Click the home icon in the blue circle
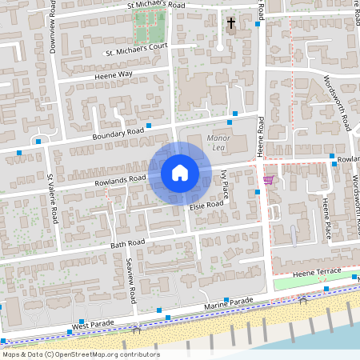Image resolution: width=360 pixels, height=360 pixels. [x=180, y=172]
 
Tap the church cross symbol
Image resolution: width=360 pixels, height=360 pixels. [x=231, y=23]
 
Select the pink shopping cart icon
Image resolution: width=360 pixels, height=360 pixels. [x=268, y=180]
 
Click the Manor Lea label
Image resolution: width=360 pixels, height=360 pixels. [x=218, y=142]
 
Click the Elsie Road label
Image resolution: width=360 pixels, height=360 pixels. [x=206, y=206]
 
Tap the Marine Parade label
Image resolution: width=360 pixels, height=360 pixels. [x=228, y=304]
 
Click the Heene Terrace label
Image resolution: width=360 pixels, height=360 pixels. [x=318, y=273]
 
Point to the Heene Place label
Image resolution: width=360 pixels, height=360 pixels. [x=326, y=218]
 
